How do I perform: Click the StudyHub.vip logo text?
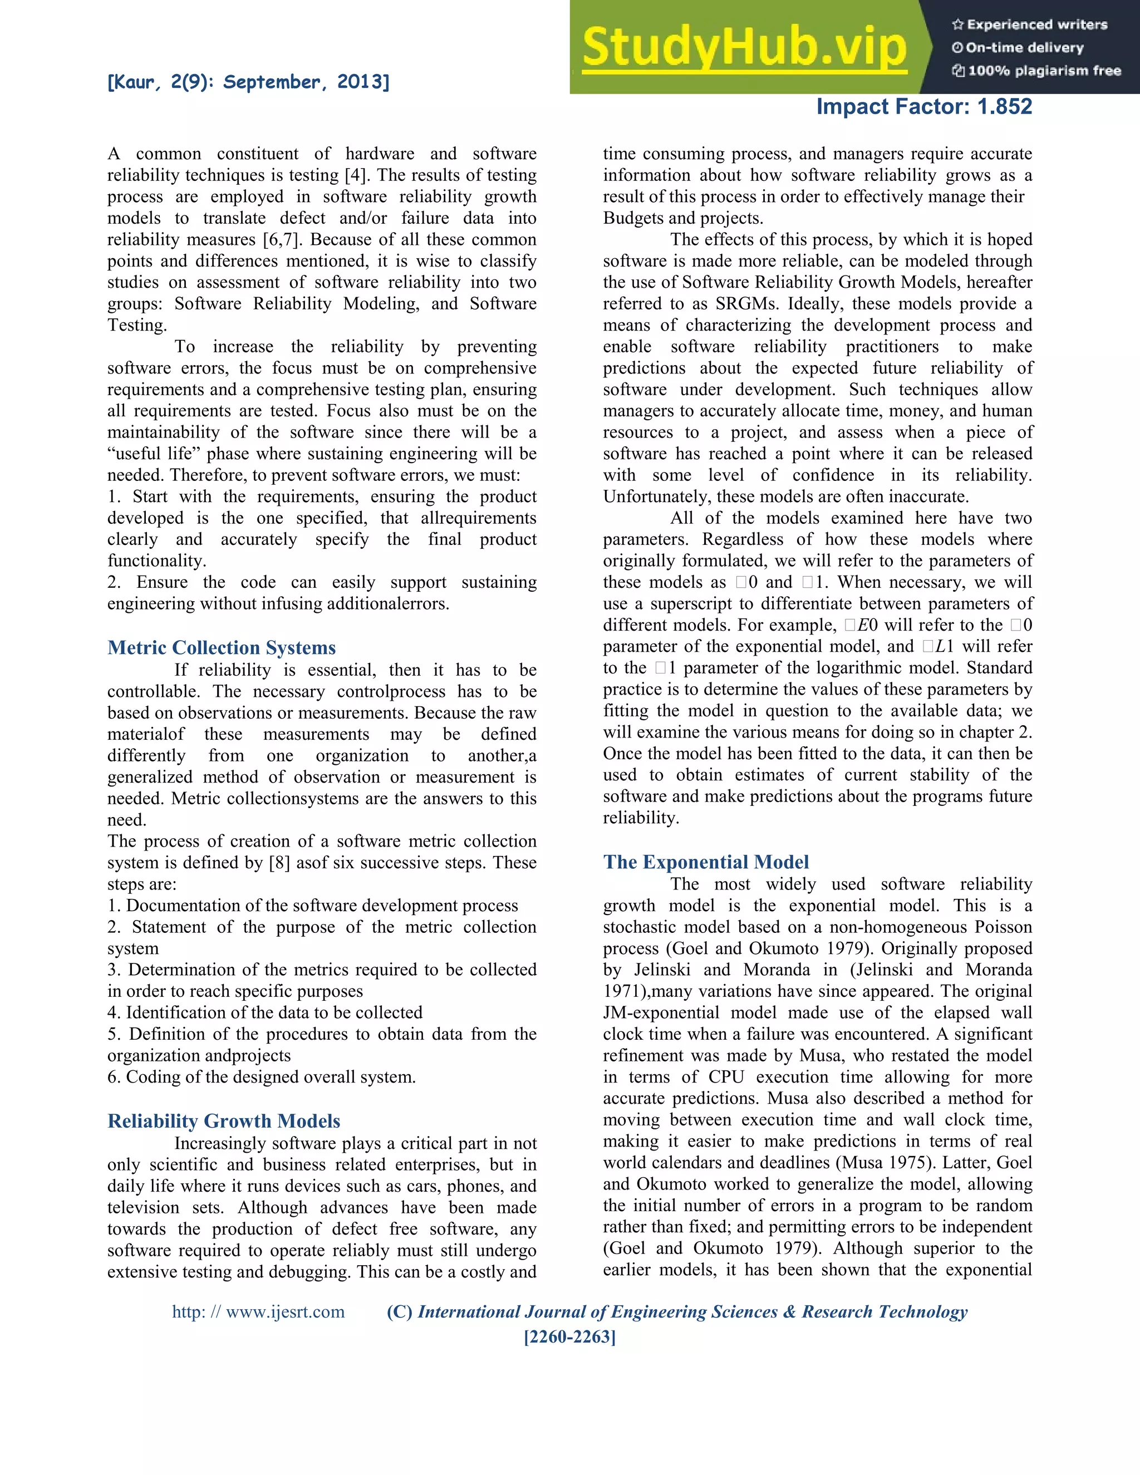[744, 47]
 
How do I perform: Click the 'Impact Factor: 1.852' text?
[924, 107]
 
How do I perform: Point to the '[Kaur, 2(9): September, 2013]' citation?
[248, 82]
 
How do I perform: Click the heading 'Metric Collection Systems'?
[222, 648]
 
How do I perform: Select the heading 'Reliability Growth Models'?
[224, 1121]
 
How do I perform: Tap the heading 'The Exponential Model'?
[706, 862]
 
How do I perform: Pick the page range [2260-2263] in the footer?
[570, 1336]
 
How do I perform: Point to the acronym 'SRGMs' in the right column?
[746, 304]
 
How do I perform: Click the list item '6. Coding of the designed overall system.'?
[262, 1077]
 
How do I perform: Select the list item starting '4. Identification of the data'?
[265, 1013]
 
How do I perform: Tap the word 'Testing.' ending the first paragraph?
[137, 326]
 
